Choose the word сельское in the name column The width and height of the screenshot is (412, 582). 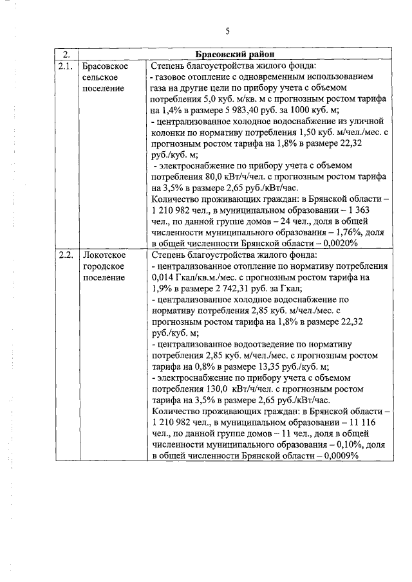click(x=101, y=77)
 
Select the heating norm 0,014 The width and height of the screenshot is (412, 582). click(x=162, y=277)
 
